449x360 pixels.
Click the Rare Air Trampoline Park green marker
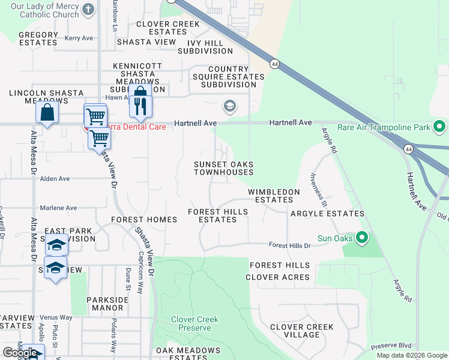pyautogui.click(x=439, y=127)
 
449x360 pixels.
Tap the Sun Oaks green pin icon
pyautogui.click(x=361, y=238)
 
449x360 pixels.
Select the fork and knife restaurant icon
pyautogui.click(x=140, y=106)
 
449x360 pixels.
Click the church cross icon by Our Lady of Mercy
pyautogui.click(x=88, y=10)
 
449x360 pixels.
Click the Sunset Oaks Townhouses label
pyautogui.click(x=223, y=168)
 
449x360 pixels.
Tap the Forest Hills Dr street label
pyautogui.click(x=289, y=245)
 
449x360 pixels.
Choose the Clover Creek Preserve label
pyautogui.click(x=194, y=324)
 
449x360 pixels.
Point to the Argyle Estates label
pyautogui.click(x=327, y=214)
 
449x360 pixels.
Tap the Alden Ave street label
pyautogui.click(x=55, y=179)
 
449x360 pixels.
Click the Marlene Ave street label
pyautogui.click(x=58, y=208)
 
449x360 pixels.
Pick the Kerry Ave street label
pyautogui.click(x=79, y=38)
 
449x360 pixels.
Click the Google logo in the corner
pyautogui.click(x=20, y=353)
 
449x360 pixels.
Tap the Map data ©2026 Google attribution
pyautogui.click(x=411, y=355)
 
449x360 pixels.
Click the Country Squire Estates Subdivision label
pyautogui.click(x=228, y=77)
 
